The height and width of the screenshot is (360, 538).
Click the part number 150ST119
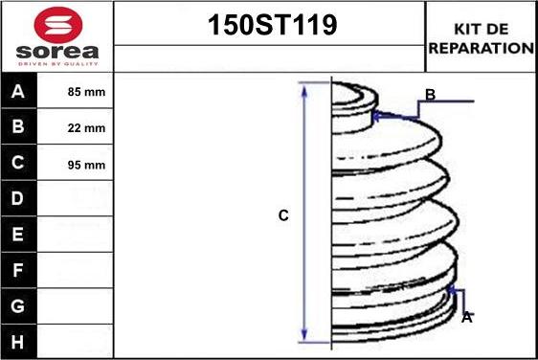[273, 25]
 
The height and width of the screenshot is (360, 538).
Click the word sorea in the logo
[57, 52]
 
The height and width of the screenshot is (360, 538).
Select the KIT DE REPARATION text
[482, 38]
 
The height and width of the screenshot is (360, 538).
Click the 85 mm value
[86, 92]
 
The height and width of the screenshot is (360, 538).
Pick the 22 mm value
[86, 128]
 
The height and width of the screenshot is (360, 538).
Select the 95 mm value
[86, 165]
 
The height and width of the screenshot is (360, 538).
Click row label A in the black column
[18, 91]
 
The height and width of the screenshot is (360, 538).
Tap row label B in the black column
[18, 126]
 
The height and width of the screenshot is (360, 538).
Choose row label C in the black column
[17, 163]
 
